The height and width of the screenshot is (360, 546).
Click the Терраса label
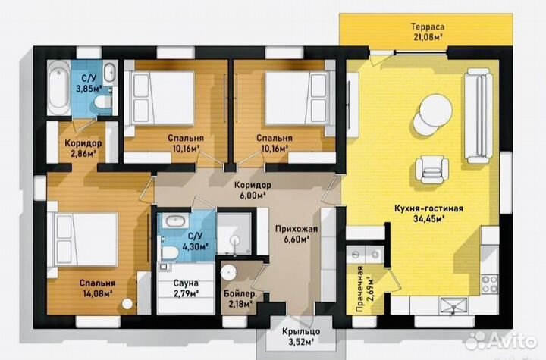click(x=428, y=27)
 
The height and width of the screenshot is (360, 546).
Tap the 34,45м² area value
click(x=428, y=218)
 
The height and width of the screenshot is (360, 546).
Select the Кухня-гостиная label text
click(x=428, y=208)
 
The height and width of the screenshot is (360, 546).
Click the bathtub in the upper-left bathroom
click(x=58, y=88)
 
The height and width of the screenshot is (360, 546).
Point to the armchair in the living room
click(x=431, y=169)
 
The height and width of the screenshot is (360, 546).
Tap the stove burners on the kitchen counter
click(x=489, y=283)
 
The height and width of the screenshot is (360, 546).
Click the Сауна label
click(x=186, y=283)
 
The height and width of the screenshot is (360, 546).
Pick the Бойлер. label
click(x=240, y=294)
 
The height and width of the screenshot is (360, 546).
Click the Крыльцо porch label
click(x=301, y=331)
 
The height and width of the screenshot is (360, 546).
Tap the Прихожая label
click(x=297, y=229)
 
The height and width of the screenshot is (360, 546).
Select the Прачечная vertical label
click(x=360, y=290)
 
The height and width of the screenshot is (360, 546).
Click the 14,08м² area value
click(x=97, y=293)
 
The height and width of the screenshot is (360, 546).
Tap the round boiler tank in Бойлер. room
click(x=229, y=271)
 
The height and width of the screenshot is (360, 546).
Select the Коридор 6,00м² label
click(x=253, y=189)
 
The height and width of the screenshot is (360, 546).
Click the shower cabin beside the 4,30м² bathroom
click(x=234, y=233)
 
